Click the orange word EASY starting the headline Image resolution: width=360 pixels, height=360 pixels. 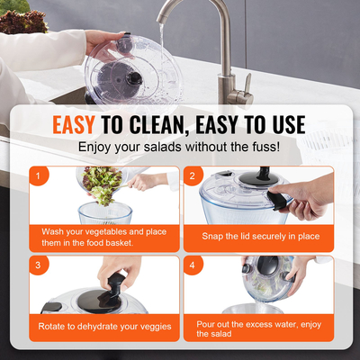click(x=80, y=123)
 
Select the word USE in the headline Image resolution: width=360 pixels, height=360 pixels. click(x=287, y=123)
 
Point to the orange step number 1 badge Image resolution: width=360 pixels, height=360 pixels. click(x=38, y=175)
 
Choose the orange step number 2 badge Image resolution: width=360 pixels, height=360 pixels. click(x=192, y=175)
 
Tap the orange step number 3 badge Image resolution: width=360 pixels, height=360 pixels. click(x=38, y=264)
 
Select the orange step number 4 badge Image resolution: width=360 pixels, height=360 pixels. click(x=192, y=264)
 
